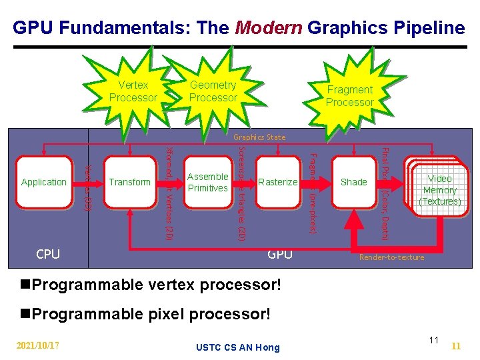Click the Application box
[44, 182]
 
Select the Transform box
[130, 182]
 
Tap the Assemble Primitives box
[208, 182]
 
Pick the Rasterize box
[278, 182]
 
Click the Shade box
[353, 182]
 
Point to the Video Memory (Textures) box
[439, 190]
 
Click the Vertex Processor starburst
[133, 91]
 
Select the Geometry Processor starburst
[213, 91]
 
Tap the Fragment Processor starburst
[349, 96]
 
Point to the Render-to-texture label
[391, 257]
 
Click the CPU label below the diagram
[48, 254]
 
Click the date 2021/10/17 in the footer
[38, 345]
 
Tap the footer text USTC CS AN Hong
[238, 347]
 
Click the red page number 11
[457, 346]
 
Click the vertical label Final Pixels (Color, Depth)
[385, 193]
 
